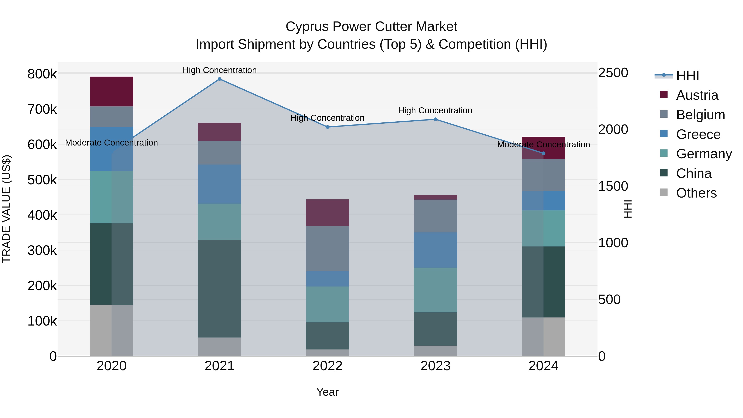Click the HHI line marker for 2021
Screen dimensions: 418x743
220,79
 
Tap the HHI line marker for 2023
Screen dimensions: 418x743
435,120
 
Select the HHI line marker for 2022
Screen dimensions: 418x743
327,127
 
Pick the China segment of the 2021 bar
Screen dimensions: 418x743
220,289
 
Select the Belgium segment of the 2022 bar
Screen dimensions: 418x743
327,249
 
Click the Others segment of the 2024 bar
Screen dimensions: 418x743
543,337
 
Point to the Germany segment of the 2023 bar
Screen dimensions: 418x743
435,290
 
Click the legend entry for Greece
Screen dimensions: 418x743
698,134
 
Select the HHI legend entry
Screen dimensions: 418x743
687,76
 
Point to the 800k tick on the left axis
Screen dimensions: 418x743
42,74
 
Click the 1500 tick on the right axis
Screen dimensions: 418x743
613,186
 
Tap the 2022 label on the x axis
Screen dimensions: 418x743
327,366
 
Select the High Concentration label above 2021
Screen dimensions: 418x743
220,70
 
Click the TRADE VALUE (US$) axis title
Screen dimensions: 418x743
6,209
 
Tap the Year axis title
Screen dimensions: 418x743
327,392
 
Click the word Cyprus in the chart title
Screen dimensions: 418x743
307,27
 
